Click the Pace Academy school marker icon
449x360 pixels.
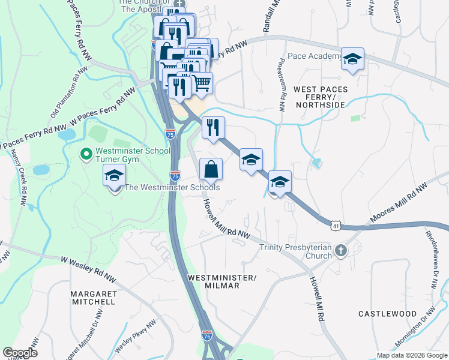pos(353,59)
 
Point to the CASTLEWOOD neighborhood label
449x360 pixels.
pos(387,314)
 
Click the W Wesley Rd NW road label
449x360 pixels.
pos(89,268)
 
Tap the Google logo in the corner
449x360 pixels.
pos(20,353)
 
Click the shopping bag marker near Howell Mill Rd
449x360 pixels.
pos(211,169)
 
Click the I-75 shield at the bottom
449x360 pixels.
pos(207,336)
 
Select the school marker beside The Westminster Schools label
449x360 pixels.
pos(113,178)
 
